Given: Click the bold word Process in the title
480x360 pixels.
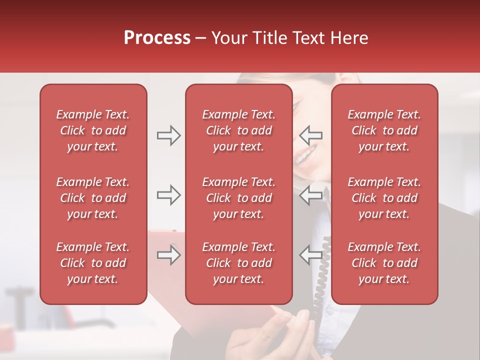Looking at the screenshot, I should coord(157,38).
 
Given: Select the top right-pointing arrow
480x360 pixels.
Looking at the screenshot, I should coord(168,135).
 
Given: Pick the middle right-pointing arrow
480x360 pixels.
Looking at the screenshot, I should coord(168,195).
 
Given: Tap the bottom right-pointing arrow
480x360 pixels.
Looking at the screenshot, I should coord(168,255).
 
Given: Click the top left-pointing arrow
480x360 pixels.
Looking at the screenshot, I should coord(311,135).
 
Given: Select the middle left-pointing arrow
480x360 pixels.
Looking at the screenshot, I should coord(311,195).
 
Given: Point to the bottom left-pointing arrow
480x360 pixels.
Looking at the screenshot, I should coord(311,255).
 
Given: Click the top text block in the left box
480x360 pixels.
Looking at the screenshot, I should coord(93,130).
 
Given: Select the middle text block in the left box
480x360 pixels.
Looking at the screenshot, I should coord(93,198).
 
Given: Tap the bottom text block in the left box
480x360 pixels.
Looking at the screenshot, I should coord(93,263).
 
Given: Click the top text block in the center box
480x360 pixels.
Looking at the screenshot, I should coord(238,130).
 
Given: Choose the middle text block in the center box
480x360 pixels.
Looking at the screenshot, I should coord(238,198).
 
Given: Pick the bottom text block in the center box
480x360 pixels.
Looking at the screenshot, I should coord(238,263).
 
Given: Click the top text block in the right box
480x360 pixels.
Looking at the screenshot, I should coord(384,130).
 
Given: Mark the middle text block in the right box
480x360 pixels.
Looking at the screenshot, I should coord(384,198).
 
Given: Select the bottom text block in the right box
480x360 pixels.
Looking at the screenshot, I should coord(384,263).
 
